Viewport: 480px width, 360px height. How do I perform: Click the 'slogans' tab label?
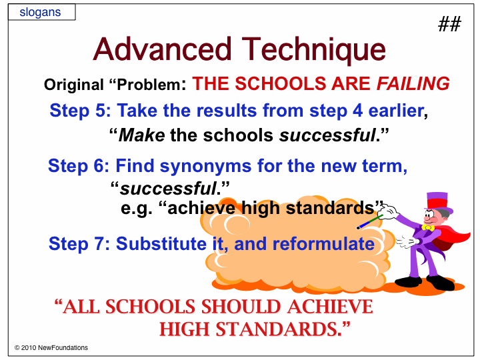coord(40,12)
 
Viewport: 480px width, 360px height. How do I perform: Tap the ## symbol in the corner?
coord(449,24)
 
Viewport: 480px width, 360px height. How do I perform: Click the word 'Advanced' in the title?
coord(162,49)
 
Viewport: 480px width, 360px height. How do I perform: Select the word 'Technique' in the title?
coord(313,49)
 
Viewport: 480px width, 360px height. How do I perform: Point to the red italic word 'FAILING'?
coord(413,83)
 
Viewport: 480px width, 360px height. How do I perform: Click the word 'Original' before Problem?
coord(74,85)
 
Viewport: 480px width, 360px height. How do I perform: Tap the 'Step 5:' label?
coord(80,111)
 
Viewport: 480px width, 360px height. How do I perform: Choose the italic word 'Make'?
coord(141,135)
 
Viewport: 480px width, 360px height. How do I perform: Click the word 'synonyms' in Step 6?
coord(205,166)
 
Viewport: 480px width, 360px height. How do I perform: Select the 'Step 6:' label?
coord(79,166)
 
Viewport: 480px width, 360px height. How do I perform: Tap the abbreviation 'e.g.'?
coord(136,209)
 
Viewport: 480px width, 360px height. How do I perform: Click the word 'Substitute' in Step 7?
coord(161,244)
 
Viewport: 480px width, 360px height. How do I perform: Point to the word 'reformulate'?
coord(323,244)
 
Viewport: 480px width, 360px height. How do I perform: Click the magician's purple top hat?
coord(439,202)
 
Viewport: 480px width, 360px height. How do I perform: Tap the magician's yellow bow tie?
coord(427,227)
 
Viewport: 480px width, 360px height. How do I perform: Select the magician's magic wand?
coord(370,222)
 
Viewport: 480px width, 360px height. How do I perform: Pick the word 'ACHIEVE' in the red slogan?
coord(330,307)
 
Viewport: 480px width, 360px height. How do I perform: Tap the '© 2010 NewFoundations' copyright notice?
coord(51,348)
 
